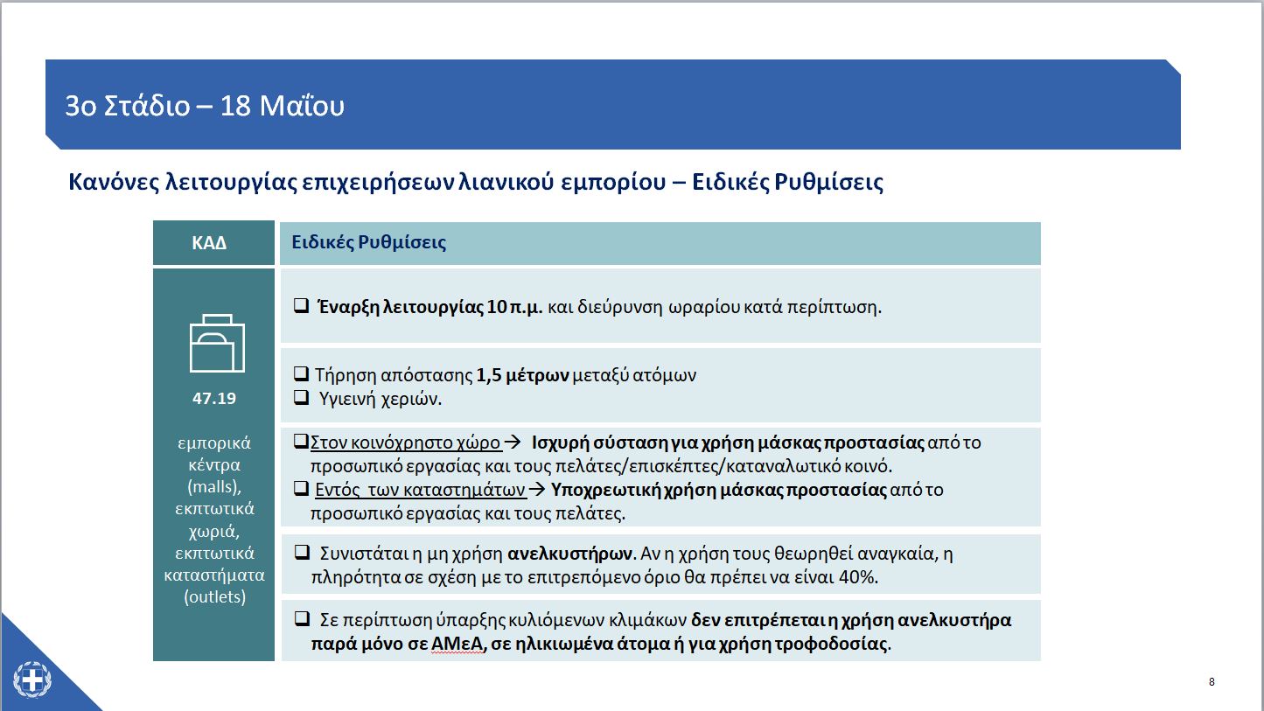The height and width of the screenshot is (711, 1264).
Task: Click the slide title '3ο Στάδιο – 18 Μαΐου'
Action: pyautogui.click(x=205, y=106)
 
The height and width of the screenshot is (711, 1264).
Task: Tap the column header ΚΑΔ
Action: pyautogui.click(x=209, y=243)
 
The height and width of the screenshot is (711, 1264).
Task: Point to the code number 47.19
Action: pyautogui.click(x=214, y=398)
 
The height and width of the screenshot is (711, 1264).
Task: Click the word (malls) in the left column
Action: pyautogui.click(x=214, y=487)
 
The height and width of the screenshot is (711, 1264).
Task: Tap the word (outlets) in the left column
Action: pyautogui.click(x=214, y=598)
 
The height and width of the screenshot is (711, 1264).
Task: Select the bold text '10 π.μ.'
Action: pyautogui.click(x=515, y=307)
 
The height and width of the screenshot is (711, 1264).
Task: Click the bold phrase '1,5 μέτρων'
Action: pyautogui.click(x=522, y=375)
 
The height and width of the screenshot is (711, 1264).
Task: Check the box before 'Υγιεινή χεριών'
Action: pyautogui.click(x=301, y=398)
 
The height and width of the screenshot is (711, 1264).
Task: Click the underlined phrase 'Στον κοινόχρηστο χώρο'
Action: pyautogui.click(x=405, y=443)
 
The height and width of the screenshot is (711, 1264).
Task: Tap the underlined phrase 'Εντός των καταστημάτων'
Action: pyautogui.click(x=420, y=490)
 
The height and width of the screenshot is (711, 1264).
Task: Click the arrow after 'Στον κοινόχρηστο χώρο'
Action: pyautogui.click(x=513, y=443)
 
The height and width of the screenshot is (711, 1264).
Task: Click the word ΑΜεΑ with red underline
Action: pyautogui.click(x=456, y=645)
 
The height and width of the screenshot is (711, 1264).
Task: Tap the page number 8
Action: pyautogui.click(x=1212, y=682)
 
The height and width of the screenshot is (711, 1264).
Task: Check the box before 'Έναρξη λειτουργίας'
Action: pyautogui.click(x=300, y=307)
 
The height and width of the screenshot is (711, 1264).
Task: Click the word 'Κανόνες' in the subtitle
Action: pyautogui.click(x=114, y=183)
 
